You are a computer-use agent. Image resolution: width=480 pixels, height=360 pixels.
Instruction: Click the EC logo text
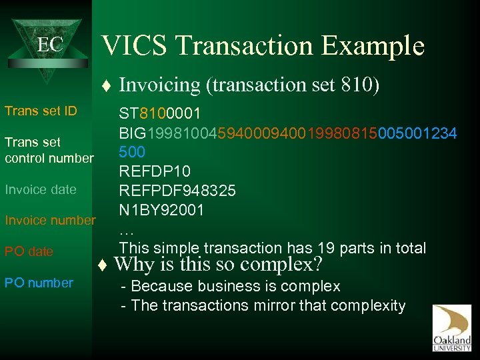pyautogui.click(x=49, y=45)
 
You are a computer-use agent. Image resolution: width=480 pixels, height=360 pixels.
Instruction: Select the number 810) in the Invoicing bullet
pyautogui.click(x=360, y=85)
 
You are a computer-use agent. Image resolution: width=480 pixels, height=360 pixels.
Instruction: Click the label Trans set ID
pyautogui.click(x=41, y=111)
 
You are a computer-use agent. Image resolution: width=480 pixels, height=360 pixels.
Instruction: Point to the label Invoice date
pyautogui.click(x=41, y=189)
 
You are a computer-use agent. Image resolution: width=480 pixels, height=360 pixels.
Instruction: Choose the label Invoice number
pyautogui.click(x=50, y=220)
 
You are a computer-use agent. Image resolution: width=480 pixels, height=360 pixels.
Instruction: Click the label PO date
pyautogui.click(x=29, y=251)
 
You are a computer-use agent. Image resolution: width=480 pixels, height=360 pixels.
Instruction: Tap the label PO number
pyautogui.click(x=39, y=283)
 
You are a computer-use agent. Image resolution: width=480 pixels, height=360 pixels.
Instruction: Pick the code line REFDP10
pyautogui.click(x=155, y=171)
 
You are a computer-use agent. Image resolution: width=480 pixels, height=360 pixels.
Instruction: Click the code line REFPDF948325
pyautogui.click(x=177, y=191)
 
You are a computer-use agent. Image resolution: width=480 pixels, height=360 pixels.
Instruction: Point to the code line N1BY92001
pyautogui.click(x=161, y=210)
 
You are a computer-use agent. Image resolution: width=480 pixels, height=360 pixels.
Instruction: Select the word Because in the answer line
pyautogui.click(x=159, y=287)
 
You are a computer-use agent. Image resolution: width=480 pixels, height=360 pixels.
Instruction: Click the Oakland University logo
pyautogui.click(x=451, y=327)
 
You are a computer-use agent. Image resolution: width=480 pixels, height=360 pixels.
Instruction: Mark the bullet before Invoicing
pyautogui.click(x=107, y=85)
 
